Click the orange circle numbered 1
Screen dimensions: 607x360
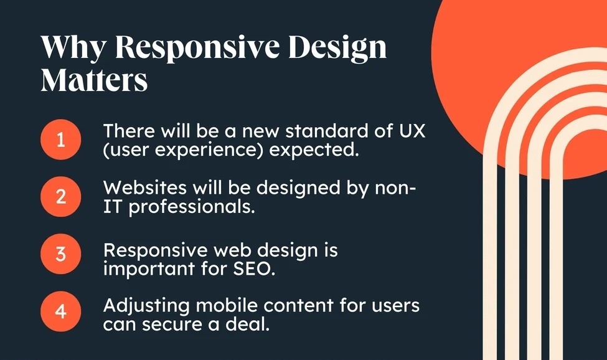click(x=61, y=140)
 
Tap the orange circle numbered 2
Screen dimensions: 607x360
click(x=61, y=197)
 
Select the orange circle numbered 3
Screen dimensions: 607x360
click(x=61, y=254)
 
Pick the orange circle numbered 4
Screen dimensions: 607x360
click(x=61, y=311)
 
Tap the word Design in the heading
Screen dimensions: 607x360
click(x=337, y=48)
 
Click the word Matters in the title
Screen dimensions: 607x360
click(x=94, y=80)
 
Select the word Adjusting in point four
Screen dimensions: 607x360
click(x=146, y=306)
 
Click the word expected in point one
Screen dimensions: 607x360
click(x=312, y=150)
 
